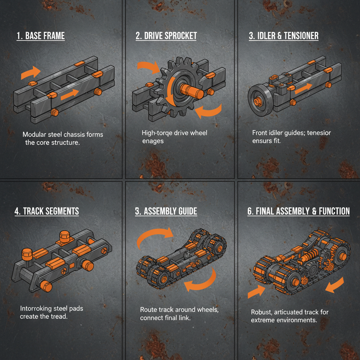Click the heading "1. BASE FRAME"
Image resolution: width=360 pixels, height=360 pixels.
click(40, 36)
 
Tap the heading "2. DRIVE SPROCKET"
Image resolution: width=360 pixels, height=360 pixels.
click(166, 36)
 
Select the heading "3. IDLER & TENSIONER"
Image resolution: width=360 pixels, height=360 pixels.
click(283, 36)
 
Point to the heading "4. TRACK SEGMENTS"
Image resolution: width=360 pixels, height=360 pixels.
click(47, 211)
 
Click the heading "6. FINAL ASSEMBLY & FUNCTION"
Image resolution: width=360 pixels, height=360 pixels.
click(298, 211)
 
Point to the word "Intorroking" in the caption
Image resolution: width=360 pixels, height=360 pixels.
click(36, 309)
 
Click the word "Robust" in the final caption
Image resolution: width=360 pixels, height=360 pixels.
click(262, 312)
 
